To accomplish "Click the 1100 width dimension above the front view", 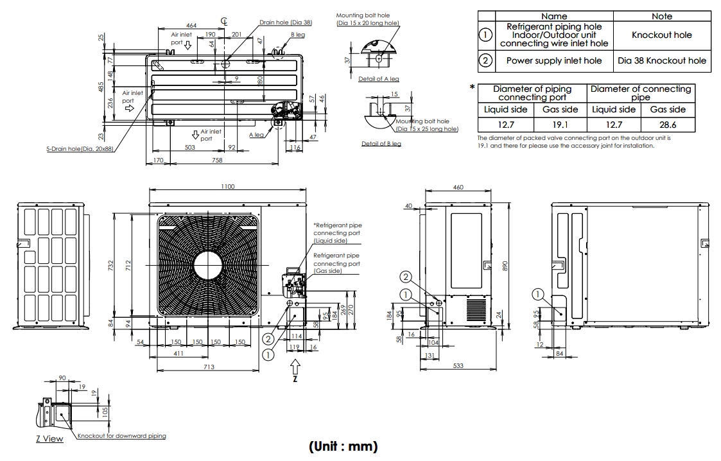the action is [x=228, y=186].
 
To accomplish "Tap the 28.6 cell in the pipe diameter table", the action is [x=668, y=125].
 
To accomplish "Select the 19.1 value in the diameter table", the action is [x=560, y=125].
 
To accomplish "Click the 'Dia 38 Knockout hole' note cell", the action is [x=662, y=60].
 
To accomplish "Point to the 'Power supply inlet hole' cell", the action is [x=554, y=60].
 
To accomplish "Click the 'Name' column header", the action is [x=554, y=16].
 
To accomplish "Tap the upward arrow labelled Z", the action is [x=295, y=367].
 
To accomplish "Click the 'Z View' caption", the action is [x=49, y=439].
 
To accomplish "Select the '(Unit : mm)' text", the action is [x=343, y=446].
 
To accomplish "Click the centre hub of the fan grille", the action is [x=208, y=265].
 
